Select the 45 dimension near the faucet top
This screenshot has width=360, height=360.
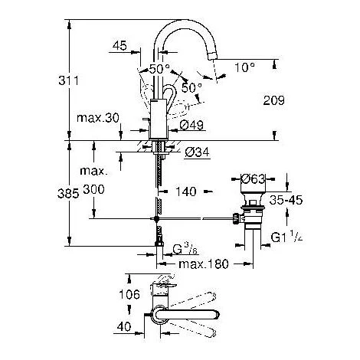(x=119, y=47)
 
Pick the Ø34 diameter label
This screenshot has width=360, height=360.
(x=196, y=152)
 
